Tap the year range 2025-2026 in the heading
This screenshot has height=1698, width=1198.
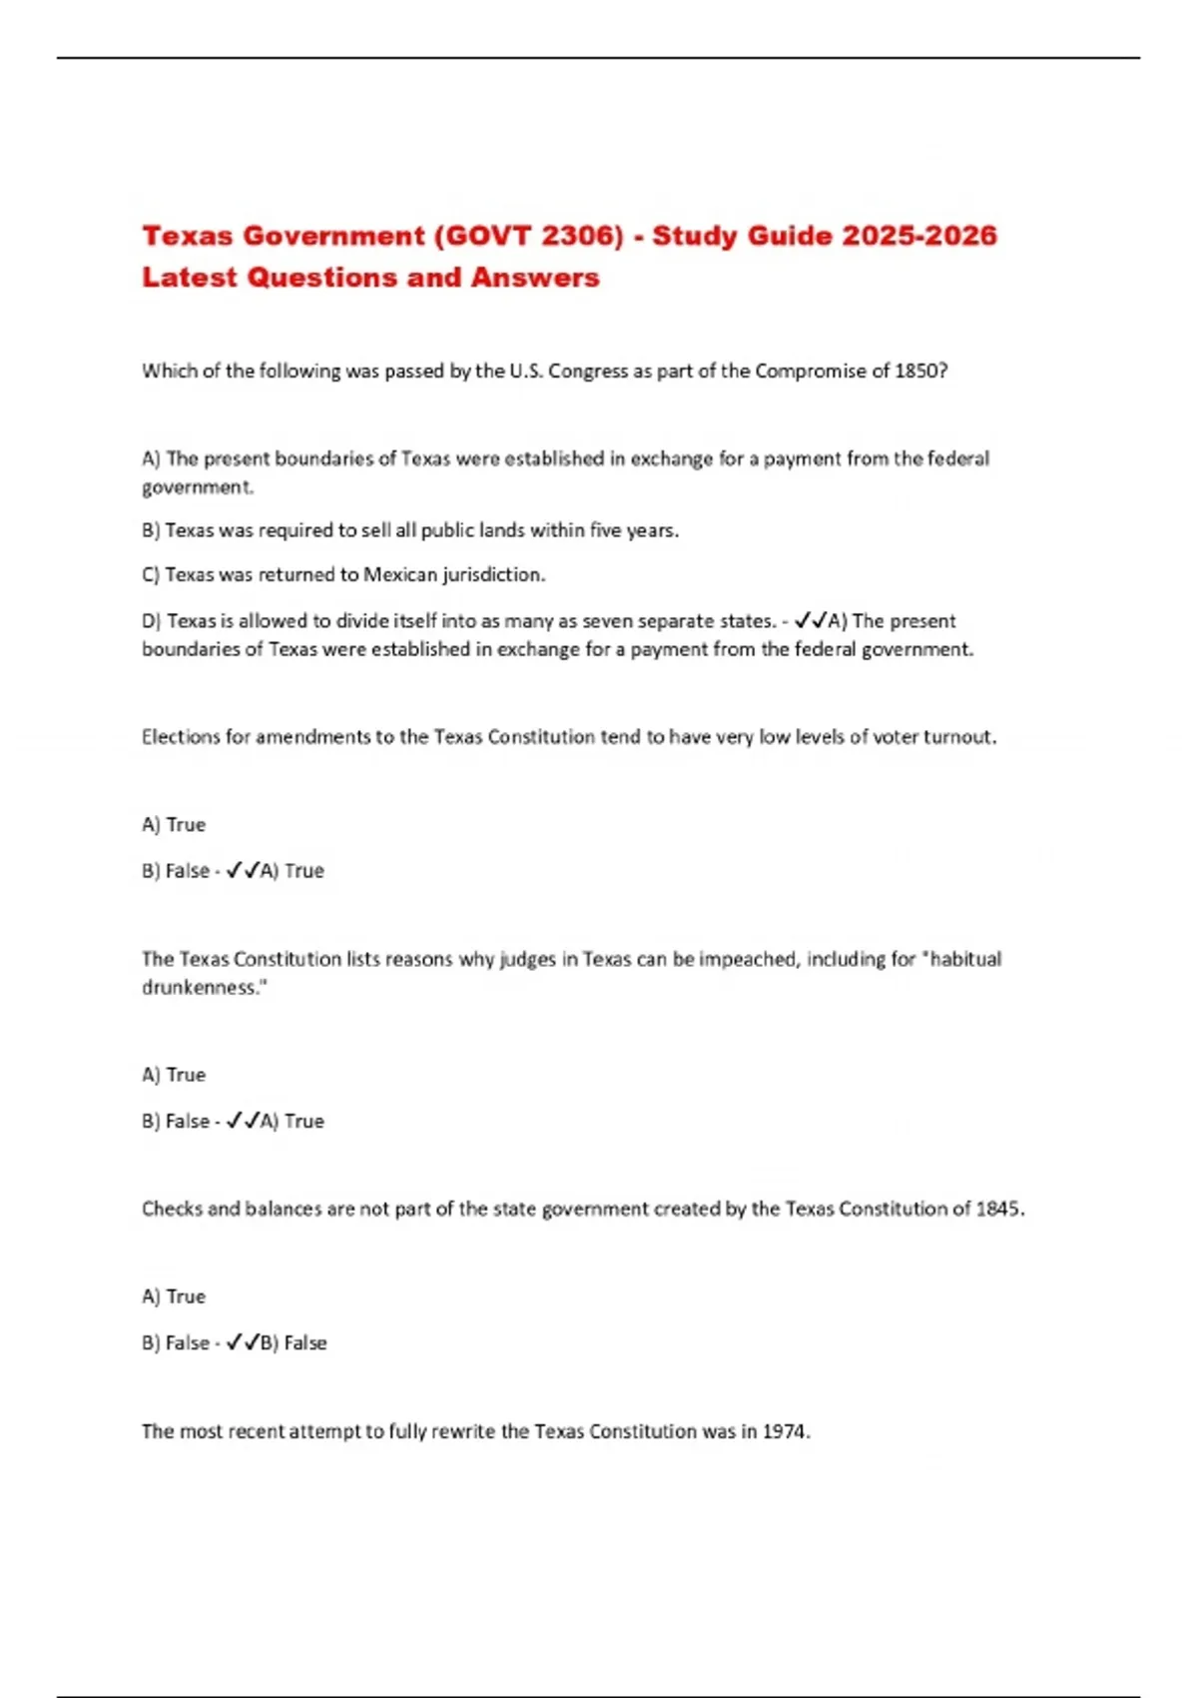coord(918,236)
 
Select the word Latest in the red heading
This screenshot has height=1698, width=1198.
coord(190,278)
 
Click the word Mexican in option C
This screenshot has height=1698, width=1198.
coord(400,574)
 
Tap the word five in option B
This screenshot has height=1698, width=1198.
coord(605,530)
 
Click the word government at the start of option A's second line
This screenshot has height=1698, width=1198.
coord(197,487)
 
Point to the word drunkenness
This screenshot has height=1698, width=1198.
coord(204,987)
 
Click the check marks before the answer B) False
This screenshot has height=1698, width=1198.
coord(243,1342)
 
